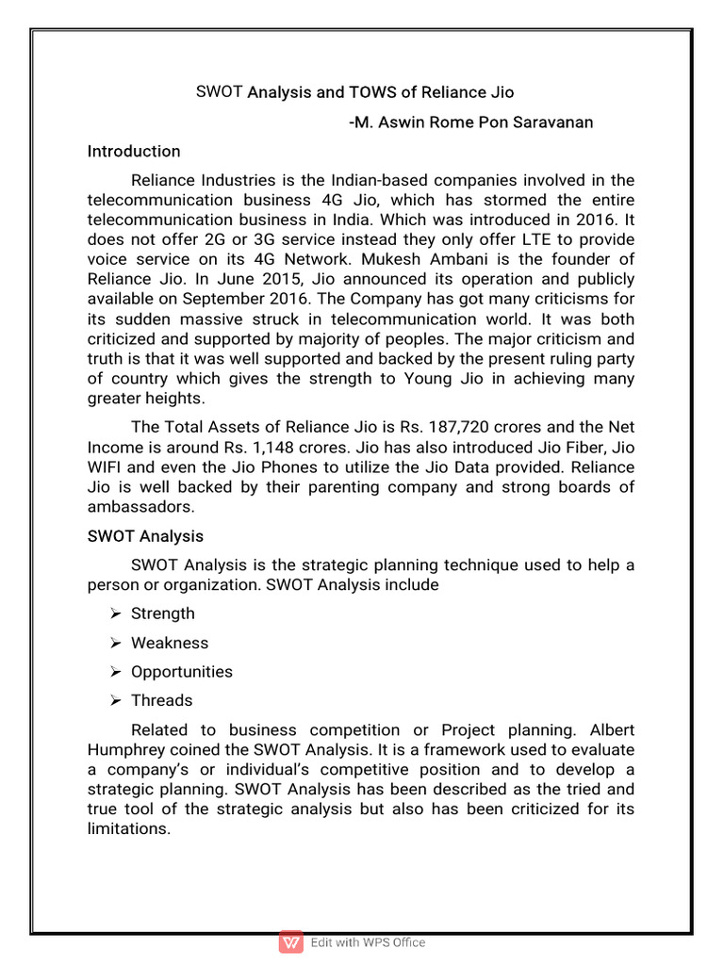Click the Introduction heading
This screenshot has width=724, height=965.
pyautogui.click(x=134, y=151)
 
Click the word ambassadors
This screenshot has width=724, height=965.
pyautogui.click(x=140, y=506)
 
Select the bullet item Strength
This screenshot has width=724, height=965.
pyautogui.click(x=163, y=613)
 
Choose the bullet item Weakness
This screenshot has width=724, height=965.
pyautogui.click(x=170, y=643)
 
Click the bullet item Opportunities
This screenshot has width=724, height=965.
pyautogui.click(x=182, y=672)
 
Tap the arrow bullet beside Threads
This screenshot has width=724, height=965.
pyautogui.click(x=114, y=700)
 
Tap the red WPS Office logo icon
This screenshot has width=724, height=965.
pyautogui.click(x=291, y=942)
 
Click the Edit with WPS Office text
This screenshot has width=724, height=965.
pyautogui.click(x=369, y=942)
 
